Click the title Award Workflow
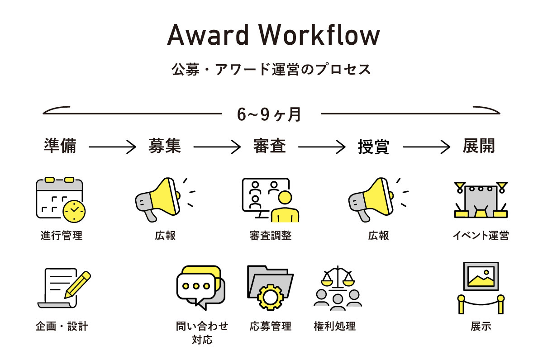[273, 35]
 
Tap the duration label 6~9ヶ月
[269, 114]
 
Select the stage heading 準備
[60, 146]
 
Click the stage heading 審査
[269, 146]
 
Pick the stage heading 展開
[479, 146]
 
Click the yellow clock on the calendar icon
[74, 210]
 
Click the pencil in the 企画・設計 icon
[78, 284]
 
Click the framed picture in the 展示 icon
[481, 276]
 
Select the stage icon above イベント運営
[481, 199]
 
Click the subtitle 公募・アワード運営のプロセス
[271, 69]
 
